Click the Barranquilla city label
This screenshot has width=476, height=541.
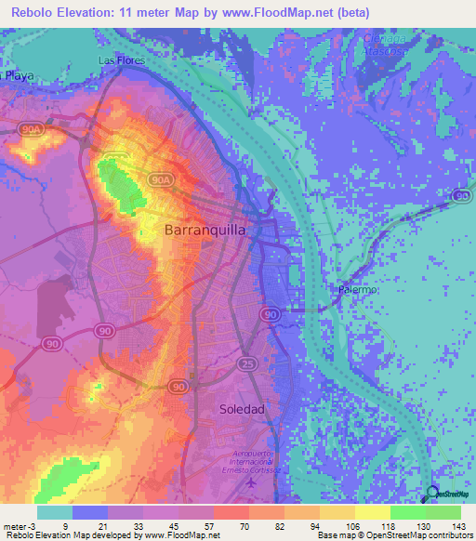(x=205, y=229)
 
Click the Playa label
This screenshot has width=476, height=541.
(x=17, y=76)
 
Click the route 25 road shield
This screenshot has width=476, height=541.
(x=246, y=362)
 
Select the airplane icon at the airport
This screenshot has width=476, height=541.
(x=249, y=482)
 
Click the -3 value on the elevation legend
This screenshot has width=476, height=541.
(x=35, y=526)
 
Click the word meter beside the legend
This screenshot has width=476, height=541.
(x=15, y=526)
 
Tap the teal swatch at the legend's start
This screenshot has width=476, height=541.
(x=54, y=512)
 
